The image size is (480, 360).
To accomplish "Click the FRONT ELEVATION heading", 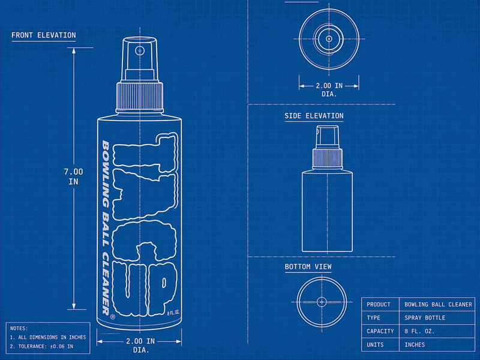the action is point(44,35).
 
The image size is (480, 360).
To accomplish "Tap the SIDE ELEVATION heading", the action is point(314,116).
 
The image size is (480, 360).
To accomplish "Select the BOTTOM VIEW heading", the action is point(308,266).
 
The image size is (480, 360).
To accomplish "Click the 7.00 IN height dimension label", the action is point(73,176).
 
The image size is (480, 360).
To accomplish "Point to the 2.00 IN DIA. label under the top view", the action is point(329,90).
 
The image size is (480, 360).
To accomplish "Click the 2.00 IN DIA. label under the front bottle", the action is point(140,346).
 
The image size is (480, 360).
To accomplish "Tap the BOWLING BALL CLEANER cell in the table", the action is point(439,305).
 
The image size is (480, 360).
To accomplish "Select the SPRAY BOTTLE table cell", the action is point(425,318).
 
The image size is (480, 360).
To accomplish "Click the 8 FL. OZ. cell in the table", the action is point(419,331).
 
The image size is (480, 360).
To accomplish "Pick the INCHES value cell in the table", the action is point(415,344).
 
